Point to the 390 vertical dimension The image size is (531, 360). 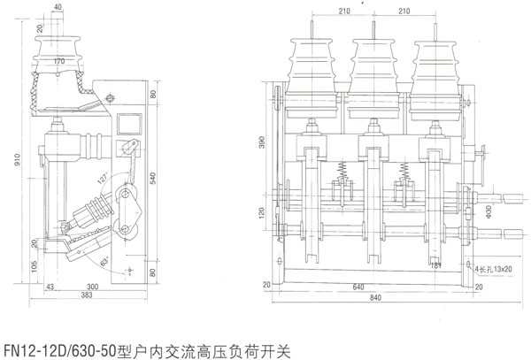point(273,143)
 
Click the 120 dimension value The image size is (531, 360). point(273,214)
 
